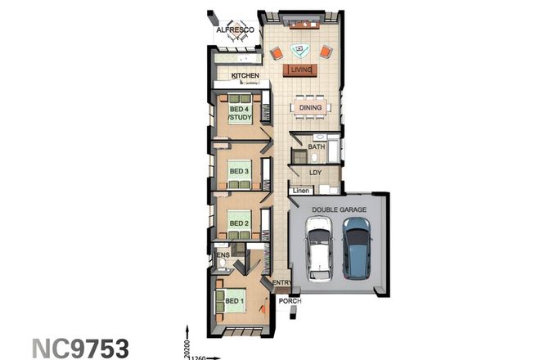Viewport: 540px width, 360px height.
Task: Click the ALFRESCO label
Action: [236, 31]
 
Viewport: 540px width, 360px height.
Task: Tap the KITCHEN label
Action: [245, 76]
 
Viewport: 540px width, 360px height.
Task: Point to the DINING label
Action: [310, 107]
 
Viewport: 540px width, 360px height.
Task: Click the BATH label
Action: [317, 147]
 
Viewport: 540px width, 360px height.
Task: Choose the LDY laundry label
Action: [317, 173]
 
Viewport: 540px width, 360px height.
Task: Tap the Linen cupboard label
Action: [300, 191]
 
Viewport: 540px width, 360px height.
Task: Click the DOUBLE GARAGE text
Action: [338, 209]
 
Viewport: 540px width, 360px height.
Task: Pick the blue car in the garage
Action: [357, 247]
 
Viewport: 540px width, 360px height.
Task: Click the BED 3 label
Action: [239, 171]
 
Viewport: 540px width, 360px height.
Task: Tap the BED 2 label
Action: [239, 223]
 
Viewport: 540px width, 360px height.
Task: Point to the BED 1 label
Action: [235, 302]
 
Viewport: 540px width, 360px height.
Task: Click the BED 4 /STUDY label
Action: [240, 114]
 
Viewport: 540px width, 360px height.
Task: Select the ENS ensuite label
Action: [223, 255]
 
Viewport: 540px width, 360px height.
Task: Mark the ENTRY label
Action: [281, 283]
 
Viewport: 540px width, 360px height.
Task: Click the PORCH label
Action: [290, 301]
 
